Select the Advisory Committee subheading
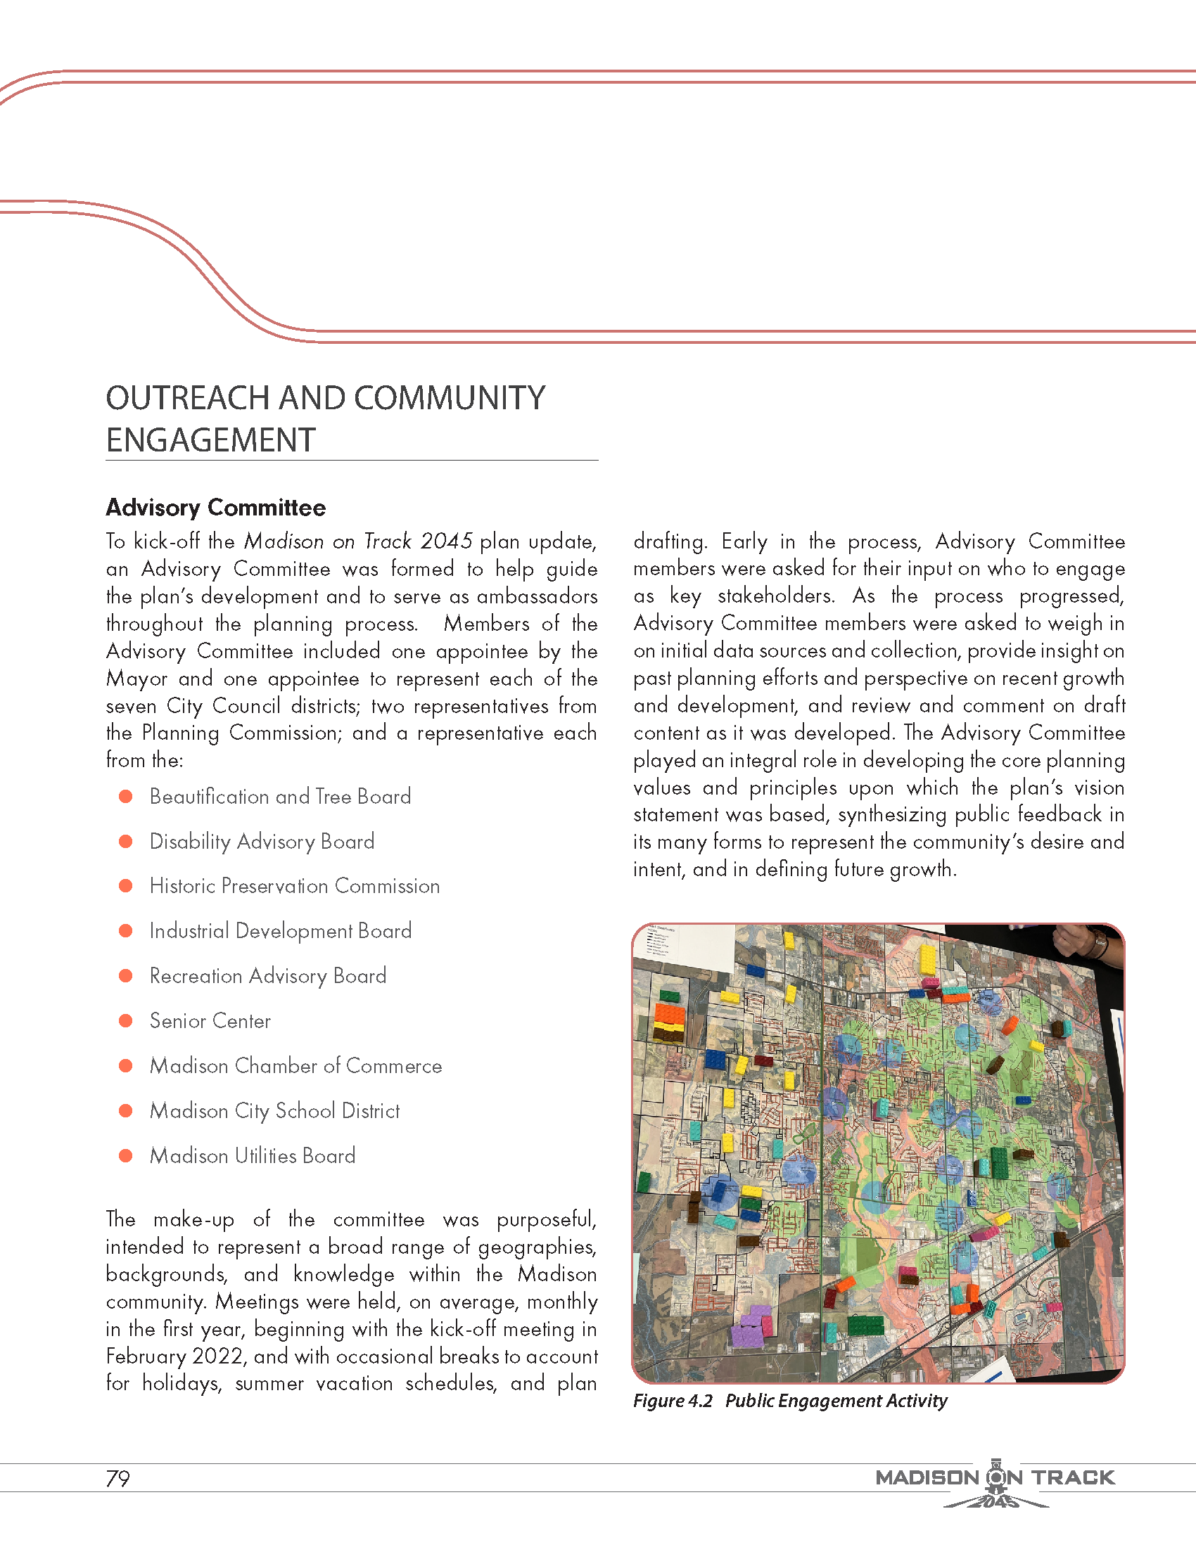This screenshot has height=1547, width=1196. pos(215,508)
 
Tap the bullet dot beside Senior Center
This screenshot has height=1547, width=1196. pos(126,1021)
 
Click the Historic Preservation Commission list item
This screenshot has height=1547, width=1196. pos(294,886)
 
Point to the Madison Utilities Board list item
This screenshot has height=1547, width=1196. pos(253,1155)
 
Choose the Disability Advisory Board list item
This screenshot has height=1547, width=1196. pos(262,842)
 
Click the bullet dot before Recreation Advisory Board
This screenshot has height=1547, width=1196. pos(126,976)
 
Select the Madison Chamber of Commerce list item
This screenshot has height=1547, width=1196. pos(295,1066)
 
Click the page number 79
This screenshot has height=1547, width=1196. pos(117,1479)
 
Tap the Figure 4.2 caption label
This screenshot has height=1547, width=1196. pos(673,1401)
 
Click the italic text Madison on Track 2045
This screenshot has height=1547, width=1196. pos(358,541)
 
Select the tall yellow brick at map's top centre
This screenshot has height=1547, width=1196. pos(927,960)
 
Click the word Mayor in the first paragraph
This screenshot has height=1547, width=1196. pos(136,679)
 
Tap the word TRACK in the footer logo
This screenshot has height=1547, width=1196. pos(1073,1477)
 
